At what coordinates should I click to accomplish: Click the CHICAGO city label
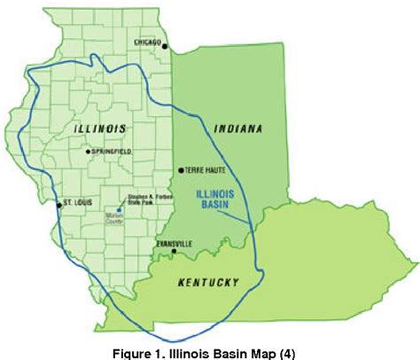click(148, 42)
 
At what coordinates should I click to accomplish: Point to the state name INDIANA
click(239, 129)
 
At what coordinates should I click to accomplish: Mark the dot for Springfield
click(87, 152)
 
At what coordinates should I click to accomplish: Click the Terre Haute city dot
click(181, 169)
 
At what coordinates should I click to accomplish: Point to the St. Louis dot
click(59, 205)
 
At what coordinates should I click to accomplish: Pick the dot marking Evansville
click(175, 252)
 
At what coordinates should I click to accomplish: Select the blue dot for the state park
click(119, 210)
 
